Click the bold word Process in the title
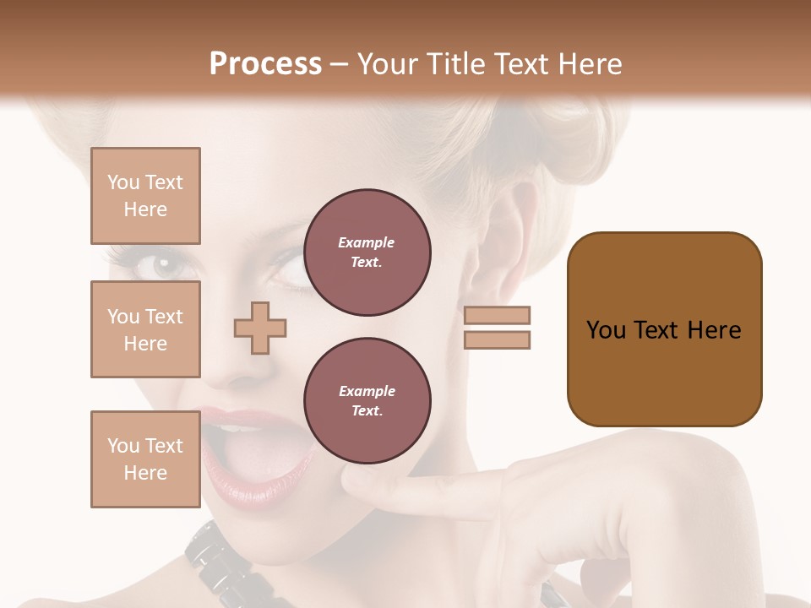point(265,64)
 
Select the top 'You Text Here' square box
point(145,196)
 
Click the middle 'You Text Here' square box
point(145,329)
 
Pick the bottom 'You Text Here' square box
point(145,459)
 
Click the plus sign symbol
point(260,328)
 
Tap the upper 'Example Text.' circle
point(367,252)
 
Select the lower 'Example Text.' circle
point(367,400)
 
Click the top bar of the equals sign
point(497,315)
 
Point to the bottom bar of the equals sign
point(497,339)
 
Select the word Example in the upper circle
point(367,242)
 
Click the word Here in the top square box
point(145,209)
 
